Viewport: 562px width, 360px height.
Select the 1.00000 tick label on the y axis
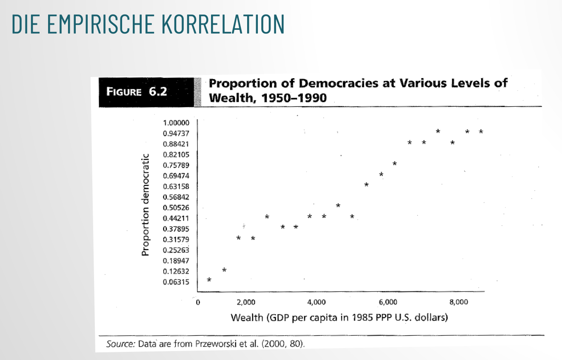(176, 123)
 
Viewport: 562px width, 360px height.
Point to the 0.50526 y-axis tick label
(176, 208)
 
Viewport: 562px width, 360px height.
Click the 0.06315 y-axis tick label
(176, 282)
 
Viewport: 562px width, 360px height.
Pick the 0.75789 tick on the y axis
(176, 165)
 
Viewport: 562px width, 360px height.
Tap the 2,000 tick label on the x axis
(246, 302)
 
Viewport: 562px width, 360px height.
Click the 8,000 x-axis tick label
(458, 302)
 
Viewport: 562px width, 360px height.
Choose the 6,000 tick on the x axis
(388, 302)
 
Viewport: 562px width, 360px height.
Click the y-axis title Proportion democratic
(146, 205)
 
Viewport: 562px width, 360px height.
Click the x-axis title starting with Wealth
(339, 317)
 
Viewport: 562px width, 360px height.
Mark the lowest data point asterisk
(209, 280)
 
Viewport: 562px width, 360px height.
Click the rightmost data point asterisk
(481, 132)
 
